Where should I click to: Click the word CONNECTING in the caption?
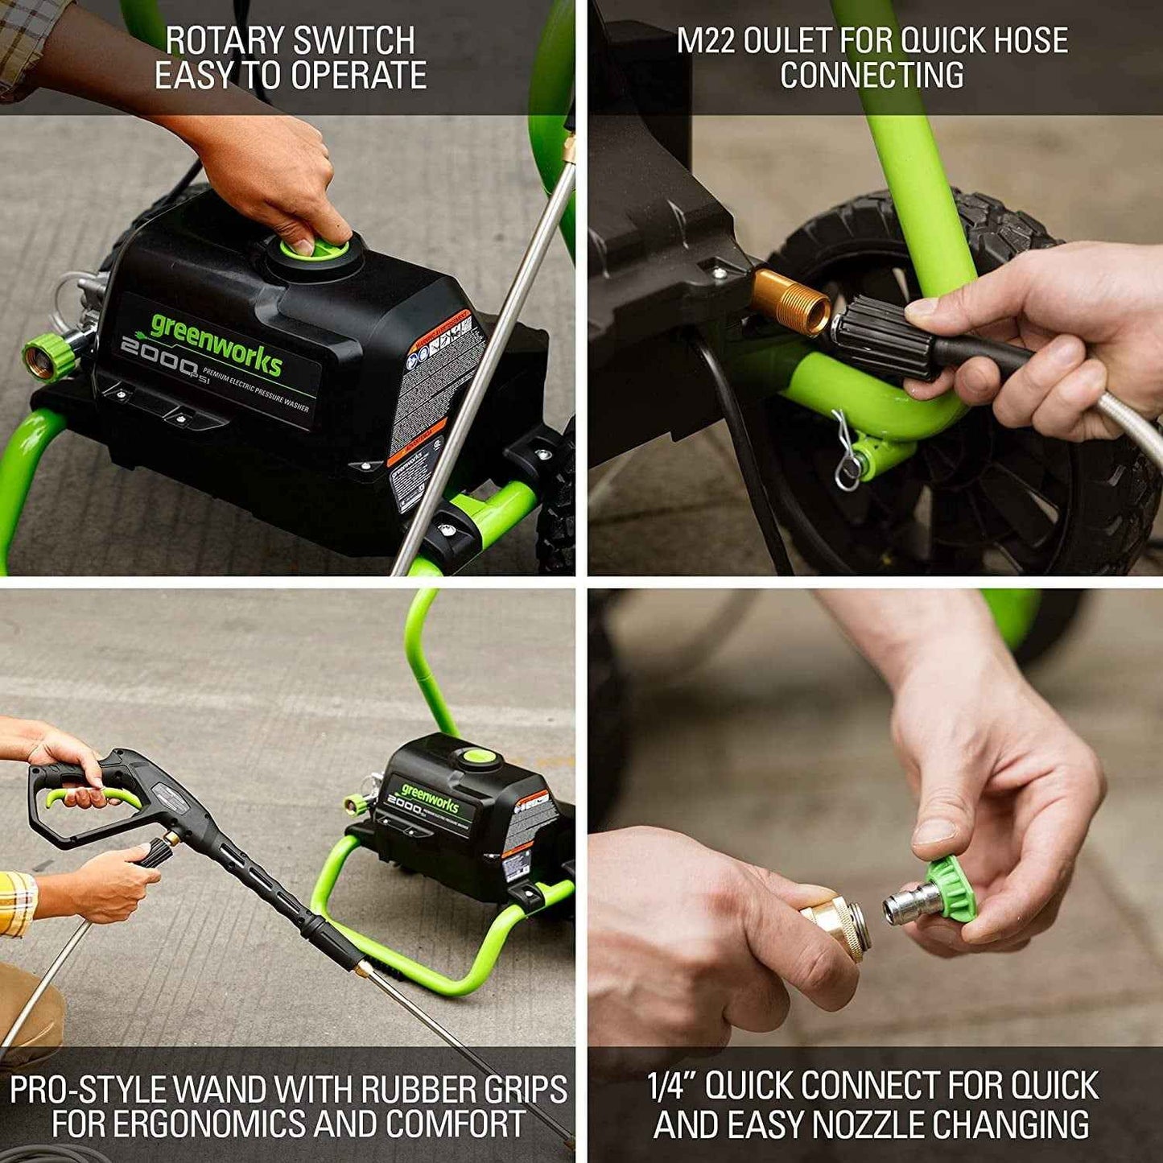[872, 75]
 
